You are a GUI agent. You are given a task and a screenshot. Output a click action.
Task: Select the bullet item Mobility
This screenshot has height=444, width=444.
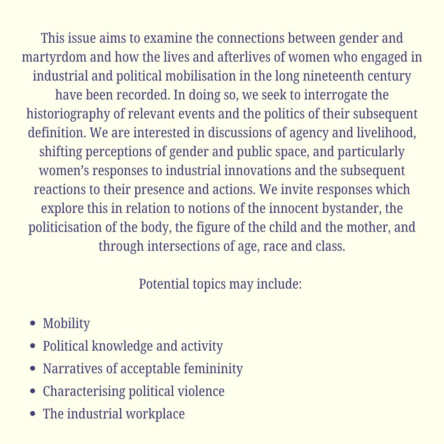point(66,324)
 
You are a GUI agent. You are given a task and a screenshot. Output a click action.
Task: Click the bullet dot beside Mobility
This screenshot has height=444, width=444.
point(33,324)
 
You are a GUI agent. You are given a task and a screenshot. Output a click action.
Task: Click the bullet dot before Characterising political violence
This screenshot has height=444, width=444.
point(33,391)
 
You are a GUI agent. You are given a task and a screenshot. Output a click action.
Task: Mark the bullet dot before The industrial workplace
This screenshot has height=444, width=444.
point(33,414)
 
